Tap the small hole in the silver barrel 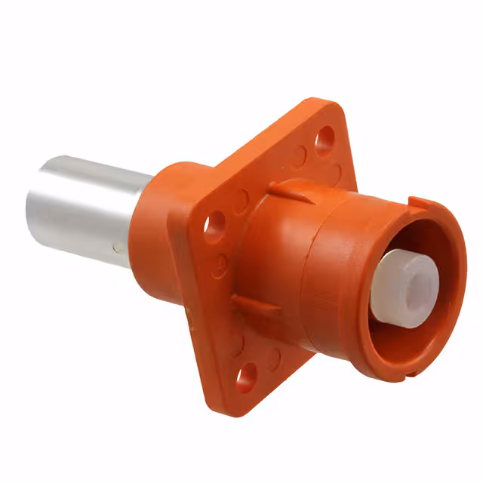[115, 247]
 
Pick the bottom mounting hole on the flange [245, 377]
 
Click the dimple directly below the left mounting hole [220, 264]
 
